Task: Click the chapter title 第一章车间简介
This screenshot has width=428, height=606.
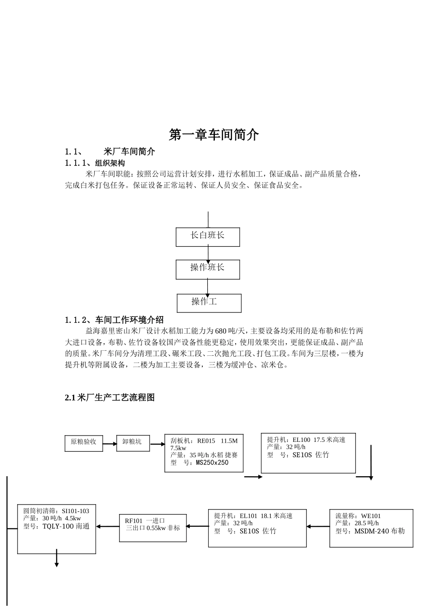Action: [214, 134]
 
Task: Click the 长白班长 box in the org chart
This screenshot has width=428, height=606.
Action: [208, 237]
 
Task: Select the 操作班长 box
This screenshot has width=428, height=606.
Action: [208, 269]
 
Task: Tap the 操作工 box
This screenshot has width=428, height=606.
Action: [209, 303]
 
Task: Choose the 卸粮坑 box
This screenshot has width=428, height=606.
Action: [133, 443]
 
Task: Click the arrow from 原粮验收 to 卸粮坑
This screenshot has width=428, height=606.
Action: [109, 444]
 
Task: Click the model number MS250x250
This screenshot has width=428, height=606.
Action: [212, 462]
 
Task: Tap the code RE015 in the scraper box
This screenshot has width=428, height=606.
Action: [206, 441]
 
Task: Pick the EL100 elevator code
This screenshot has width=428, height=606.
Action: [301, 440]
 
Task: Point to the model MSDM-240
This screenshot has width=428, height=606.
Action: [372, 531]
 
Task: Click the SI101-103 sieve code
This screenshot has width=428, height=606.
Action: [75, 511]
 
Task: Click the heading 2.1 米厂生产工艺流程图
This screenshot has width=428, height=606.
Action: [110, 397]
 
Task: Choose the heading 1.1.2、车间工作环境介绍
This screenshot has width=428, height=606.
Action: [114, 320]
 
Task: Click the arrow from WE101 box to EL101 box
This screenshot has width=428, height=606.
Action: [319, 526]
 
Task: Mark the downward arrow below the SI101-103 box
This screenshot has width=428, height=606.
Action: [57, 558]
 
